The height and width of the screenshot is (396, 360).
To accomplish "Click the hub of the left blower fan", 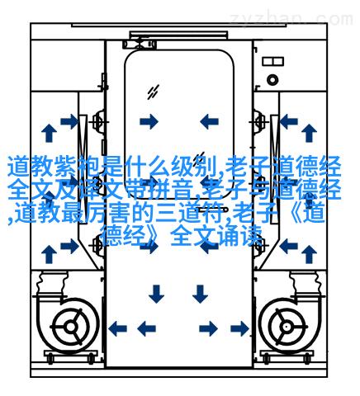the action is click(70, 327).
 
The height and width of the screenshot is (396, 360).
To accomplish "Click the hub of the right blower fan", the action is click(287, 327).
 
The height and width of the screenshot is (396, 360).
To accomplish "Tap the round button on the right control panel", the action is click(272, 80).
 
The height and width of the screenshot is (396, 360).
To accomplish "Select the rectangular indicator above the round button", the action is click(272, 61).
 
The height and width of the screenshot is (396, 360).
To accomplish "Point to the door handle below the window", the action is click(212, 210).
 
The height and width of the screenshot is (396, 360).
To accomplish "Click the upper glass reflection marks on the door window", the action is click(153, 92).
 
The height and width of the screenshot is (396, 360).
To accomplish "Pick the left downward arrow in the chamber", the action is click(156, 294).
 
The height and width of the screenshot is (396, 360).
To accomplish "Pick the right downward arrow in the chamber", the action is click(200, 294).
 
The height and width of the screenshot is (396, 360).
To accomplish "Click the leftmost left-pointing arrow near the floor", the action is click(118, 328).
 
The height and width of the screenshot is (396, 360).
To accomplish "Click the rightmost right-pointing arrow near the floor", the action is click(239, 328).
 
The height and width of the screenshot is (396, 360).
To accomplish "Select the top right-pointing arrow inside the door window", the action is click(149, 121).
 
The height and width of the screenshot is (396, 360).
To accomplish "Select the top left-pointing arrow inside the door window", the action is click(209, 121).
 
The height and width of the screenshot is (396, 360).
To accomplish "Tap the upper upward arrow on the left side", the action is click(49, 133).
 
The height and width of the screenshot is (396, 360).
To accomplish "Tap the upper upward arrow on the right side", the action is click(309, 133).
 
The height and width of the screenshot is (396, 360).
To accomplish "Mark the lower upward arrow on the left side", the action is click(49, 254).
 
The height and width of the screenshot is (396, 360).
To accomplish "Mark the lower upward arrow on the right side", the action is click(309, 254).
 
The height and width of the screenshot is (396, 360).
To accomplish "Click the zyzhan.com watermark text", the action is click(291, 19).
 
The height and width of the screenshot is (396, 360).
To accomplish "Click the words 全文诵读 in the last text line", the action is click(216, 236).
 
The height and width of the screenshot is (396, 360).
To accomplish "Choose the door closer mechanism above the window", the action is click(140, 44).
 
